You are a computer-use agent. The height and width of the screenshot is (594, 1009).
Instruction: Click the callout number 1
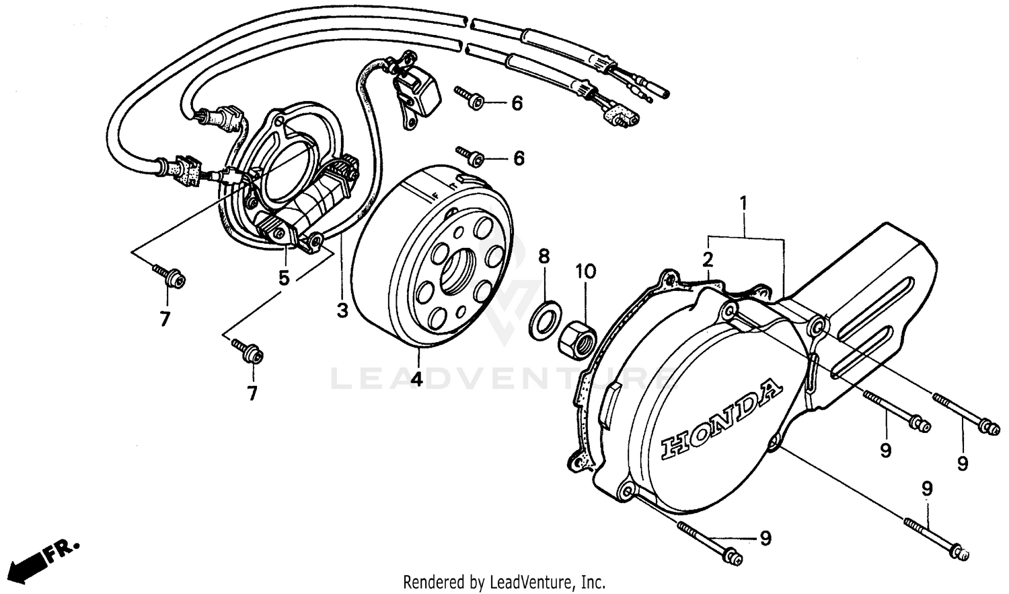pos(743,201)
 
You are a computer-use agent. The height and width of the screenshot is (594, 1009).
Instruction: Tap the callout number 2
pos(708,259)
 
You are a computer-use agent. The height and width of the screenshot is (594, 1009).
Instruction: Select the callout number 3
pos(342,311)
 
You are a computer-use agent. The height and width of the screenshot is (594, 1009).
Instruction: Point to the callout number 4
pos(417,378)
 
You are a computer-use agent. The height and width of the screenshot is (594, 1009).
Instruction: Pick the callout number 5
pos(285,277)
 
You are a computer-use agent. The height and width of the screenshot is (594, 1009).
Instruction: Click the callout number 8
pos(544,256)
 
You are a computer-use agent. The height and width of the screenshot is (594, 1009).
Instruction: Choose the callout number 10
pos(585,271)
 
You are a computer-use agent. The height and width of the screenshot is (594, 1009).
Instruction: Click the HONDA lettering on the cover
pos(721,419)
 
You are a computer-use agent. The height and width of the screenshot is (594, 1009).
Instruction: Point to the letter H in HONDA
pos(675,447)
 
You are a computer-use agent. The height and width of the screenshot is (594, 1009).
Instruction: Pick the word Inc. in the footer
pos(593,581)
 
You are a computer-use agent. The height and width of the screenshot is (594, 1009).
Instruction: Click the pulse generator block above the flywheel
pos(418,91)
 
